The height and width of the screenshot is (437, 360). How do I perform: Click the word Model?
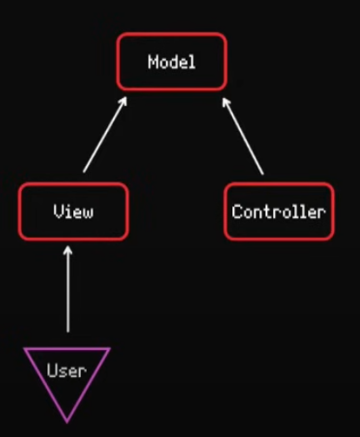click(x=171, y=62)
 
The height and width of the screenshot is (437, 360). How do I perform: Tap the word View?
click(x=73, y=211)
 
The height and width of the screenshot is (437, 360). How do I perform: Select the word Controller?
click(x=279, y=212)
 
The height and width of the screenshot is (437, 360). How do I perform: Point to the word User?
click(x=67, y=370)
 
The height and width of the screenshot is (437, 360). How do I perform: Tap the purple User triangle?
click(x=45, y=386)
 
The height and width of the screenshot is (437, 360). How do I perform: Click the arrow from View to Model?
click(x=105, y=135)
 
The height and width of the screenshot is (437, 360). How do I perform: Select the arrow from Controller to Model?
click(x=243, y=136)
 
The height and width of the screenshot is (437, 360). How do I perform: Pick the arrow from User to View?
click(x=68, y=289)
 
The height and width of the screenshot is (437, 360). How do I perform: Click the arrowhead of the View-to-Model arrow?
click(x=123, y=102)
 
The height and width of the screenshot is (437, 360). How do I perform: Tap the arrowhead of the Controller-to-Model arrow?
click(x=226, y=103)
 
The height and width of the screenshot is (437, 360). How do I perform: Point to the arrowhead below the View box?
click(x=68, y=250)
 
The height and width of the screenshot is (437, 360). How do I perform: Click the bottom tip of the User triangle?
click(x=67, y=423)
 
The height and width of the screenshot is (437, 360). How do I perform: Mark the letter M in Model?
click(x=152, y=62)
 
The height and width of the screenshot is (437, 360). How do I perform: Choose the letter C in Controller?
click(x=237, y=212)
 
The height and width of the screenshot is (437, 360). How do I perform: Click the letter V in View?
click(x=57, y=211)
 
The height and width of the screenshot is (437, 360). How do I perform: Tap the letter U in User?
click(x=51, y=370)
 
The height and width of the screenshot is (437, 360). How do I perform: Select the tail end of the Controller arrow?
click(x=263, y=174)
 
